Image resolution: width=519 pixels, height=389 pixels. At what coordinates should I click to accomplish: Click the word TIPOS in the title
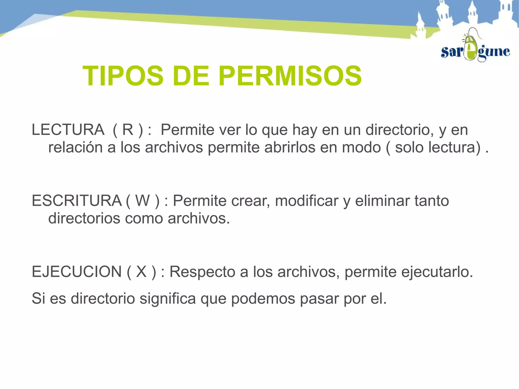(x=123, y=76)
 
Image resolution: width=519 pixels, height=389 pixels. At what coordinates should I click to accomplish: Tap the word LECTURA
(x=68, y=130)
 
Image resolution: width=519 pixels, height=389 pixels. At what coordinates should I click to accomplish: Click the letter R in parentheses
(x=128, y=130)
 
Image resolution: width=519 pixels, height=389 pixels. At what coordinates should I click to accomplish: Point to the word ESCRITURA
(x=77, y=201)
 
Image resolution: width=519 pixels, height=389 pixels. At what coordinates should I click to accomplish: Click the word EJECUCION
(x=77, y=272)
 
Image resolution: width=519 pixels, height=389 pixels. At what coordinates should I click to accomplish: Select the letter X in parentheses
(x=141, y=272)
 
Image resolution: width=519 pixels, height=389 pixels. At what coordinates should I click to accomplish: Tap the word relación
(x=75, y=147)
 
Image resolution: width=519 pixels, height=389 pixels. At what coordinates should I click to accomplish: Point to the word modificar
(x=307, y=201)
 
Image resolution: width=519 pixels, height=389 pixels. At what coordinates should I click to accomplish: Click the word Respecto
(x=202, y=272)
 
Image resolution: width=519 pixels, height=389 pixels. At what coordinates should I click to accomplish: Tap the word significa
(x=168, y=299)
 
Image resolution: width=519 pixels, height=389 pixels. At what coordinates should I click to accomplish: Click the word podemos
(x=263, y=299)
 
